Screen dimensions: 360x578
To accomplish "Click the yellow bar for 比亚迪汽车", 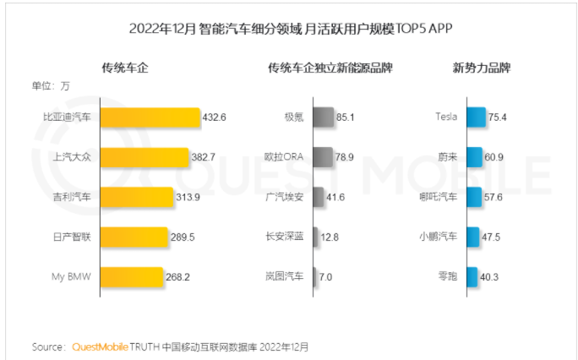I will click(150, 117).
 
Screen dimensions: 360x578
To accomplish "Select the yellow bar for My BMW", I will click(131, 276).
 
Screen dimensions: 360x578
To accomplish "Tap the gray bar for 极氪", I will click(322, 117).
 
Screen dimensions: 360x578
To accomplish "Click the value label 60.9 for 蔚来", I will click(495, 157).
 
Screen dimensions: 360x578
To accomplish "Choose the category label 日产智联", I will click(72, 237).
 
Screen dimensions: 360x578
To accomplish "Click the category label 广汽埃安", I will click(285, 197).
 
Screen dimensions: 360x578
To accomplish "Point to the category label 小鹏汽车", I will click(438, 237).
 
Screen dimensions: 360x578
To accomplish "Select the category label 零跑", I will click(446, 276).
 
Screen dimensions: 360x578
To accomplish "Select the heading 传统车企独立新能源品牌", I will click(330, 68).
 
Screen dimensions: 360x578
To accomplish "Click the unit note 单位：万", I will click(52, 85).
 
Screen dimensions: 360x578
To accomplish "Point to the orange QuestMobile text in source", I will click(100, 346).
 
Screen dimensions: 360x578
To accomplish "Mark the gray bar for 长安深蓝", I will click(315, 237).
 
